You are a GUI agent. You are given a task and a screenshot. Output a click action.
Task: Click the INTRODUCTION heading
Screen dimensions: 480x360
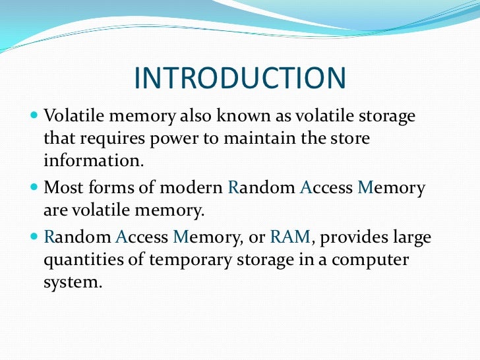coord(240,78)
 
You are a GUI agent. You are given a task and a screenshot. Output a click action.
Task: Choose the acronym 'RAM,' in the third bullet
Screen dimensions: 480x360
coord(280,236)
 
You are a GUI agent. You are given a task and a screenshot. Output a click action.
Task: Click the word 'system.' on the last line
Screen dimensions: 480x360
coord(73,284)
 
